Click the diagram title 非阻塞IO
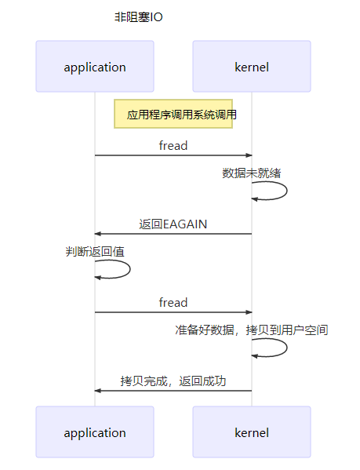coord(138,17)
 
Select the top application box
coord(95,67)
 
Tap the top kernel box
coord(252,67)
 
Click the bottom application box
coord(95,432)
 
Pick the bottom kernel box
coord(252,432)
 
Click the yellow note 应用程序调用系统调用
coord(173,115)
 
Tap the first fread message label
coord(173,145)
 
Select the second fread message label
coord(173,302)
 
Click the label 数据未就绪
coord(252,173)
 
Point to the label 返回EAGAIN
coord(173,224)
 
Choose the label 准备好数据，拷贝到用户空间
coord(252,330)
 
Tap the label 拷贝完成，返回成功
coord(173,381)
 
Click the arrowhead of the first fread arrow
coord(249,155)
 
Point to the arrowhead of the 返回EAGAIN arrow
coord(98,234)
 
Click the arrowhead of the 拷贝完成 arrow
coord(98,391)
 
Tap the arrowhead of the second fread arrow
coord(249,312)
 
